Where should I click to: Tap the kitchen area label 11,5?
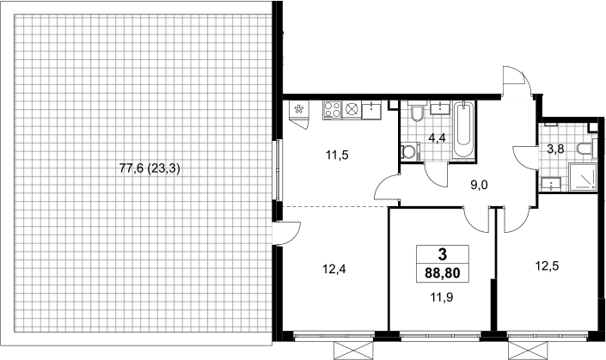point(337,156)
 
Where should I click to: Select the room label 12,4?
point(334,269)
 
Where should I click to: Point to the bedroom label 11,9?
point(441,297)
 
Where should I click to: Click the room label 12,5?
point(547,265)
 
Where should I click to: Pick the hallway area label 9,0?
point(480,186)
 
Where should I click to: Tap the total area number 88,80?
point(443,273)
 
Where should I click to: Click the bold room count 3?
point(443,254)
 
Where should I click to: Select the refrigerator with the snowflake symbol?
point(299,110)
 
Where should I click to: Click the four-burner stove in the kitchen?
point(332,110)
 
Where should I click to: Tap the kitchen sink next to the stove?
point(371,110)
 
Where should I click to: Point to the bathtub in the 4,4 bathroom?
point(463,130)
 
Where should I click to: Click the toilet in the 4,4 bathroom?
point(417,112)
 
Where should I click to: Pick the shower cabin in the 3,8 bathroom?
point(583,176)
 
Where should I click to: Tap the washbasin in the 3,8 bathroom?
point(550,184)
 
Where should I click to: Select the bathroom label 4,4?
point(438,137)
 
